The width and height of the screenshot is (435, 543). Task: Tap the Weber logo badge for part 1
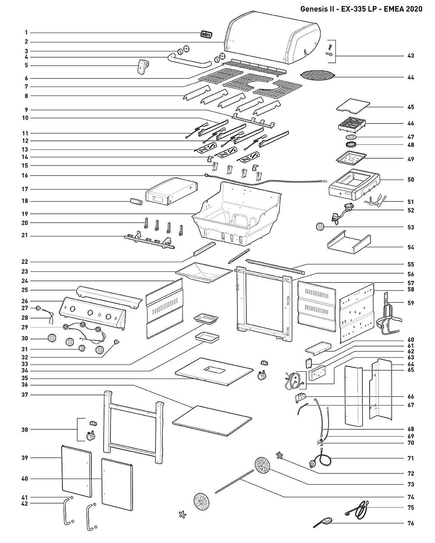206,34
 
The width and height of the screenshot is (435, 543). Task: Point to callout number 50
410,180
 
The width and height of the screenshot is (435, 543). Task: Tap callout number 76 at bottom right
410,523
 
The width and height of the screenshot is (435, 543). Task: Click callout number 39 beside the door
25,458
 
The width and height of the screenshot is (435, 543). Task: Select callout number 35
25,378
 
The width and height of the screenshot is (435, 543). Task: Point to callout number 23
25,271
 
